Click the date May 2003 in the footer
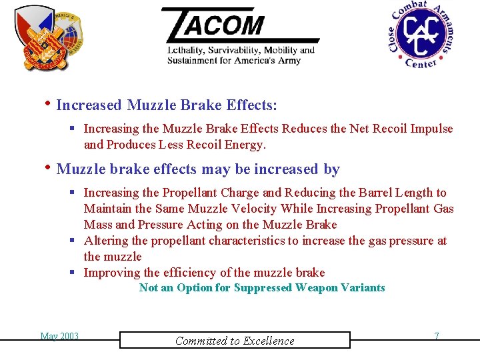click(x=59, y=336)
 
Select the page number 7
click(x=437, y=336)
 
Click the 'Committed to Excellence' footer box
click(x=235, y=341)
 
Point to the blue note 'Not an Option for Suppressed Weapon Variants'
click(x=262, y=288)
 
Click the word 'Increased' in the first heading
click(x=89, y=105)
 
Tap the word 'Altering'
click(x=103, y=241)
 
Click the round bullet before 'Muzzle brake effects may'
click(x=49, y=168)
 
